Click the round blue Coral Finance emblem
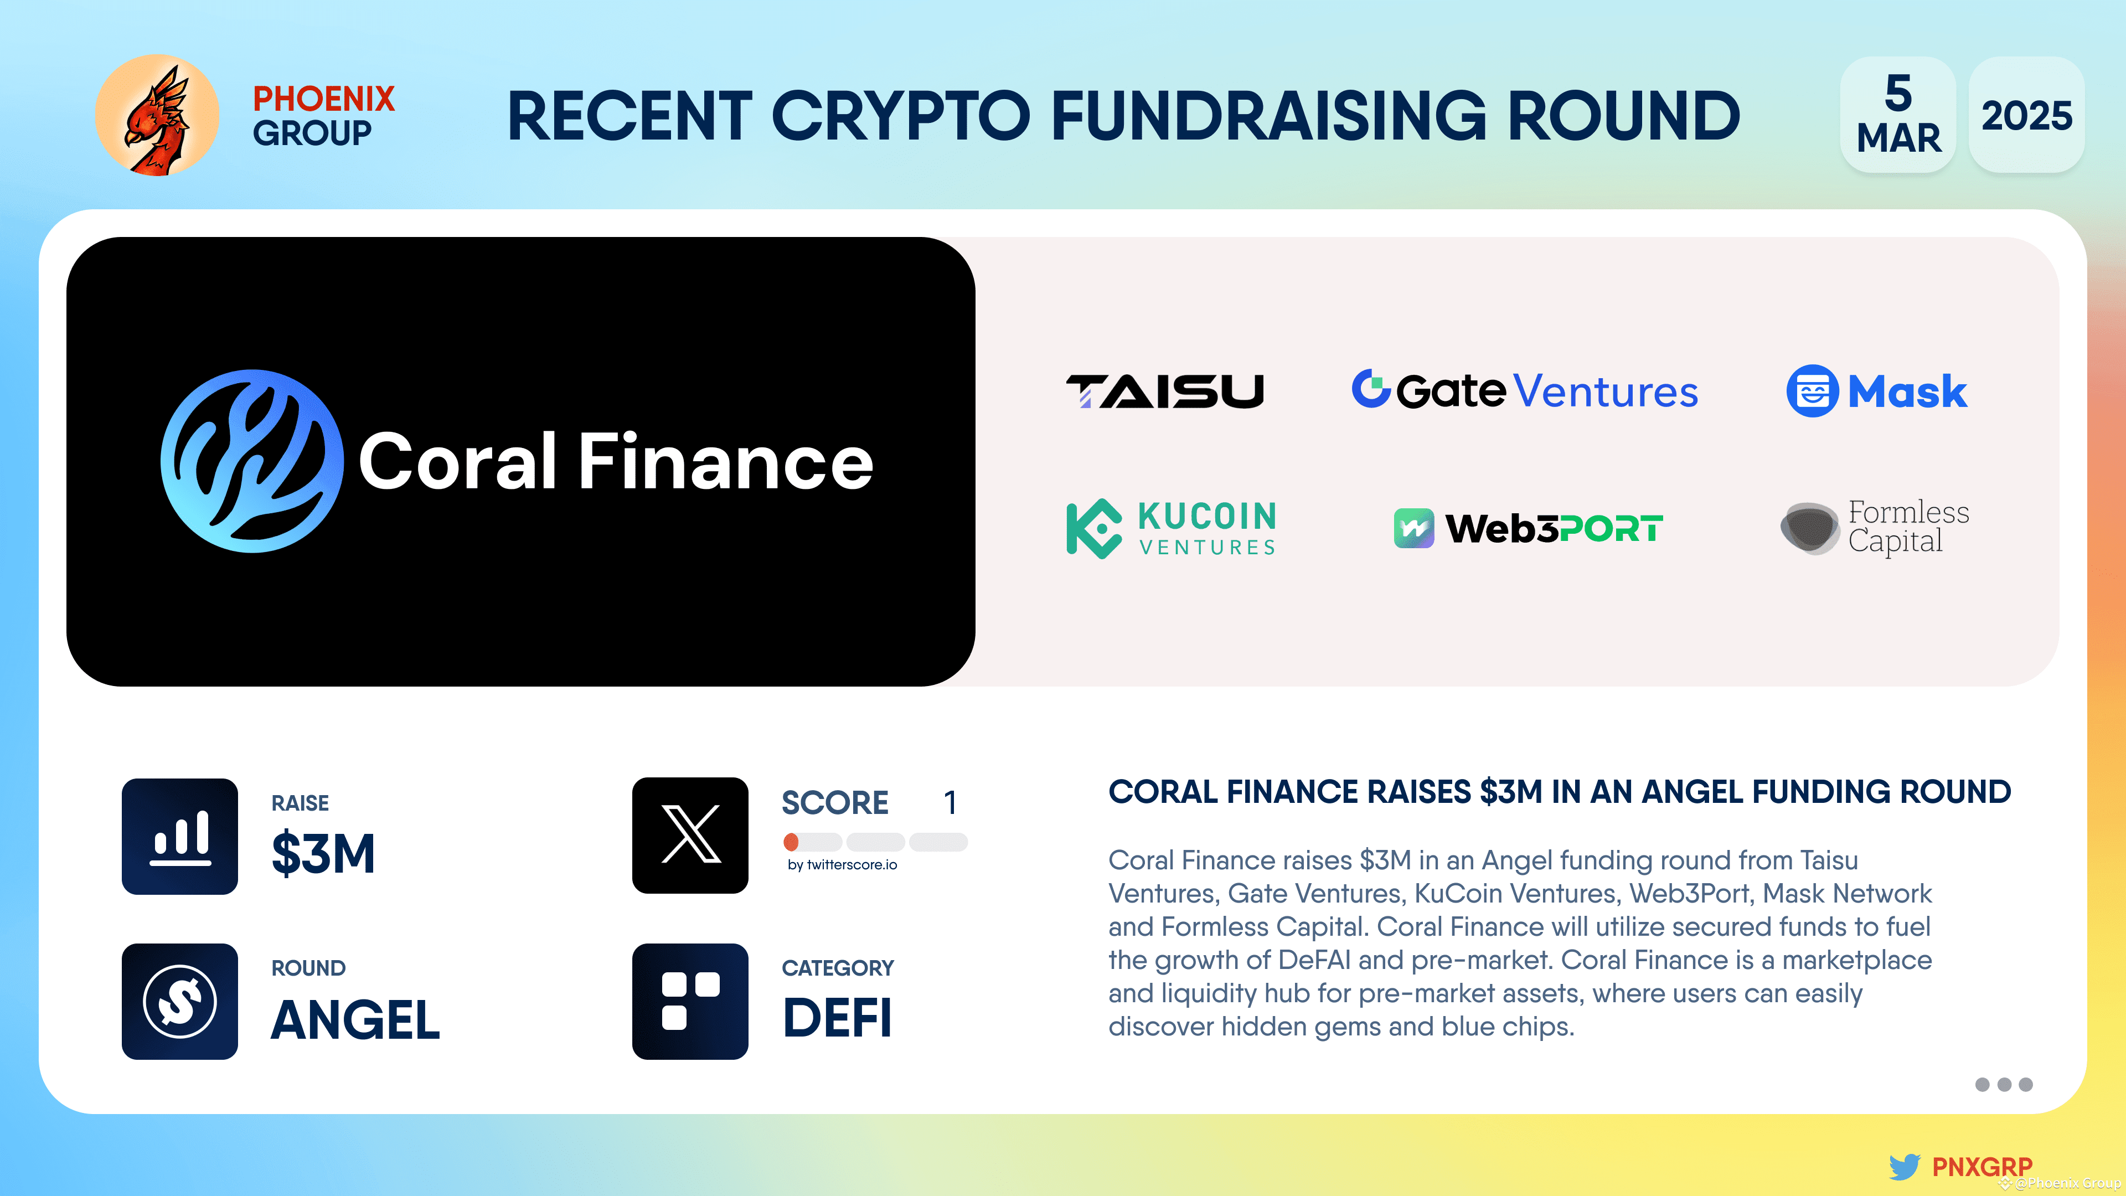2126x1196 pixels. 252,461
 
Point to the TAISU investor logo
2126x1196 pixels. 1164,391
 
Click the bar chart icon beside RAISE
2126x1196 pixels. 180,836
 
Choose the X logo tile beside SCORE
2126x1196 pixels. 690,836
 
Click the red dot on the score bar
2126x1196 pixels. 791,842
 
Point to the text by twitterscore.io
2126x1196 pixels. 842,865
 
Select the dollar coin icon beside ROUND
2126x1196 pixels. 180,1001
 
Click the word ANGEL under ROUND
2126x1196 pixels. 355,1020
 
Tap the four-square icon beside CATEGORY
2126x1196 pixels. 690,1001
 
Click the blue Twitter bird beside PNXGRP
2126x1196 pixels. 1904,1166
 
